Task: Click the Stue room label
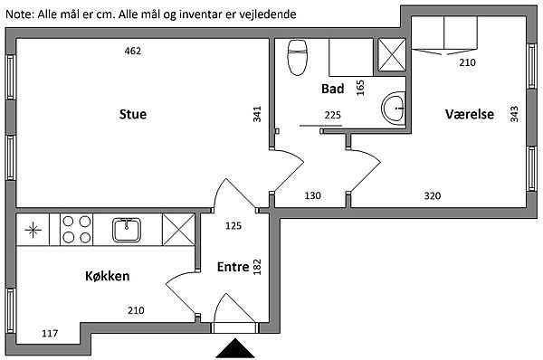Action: (133, 114)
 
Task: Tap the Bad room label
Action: (333, 89)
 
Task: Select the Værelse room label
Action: (470, 114)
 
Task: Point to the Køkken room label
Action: (108, 276)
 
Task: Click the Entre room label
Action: (233, 267)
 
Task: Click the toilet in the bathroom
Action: (298, 58)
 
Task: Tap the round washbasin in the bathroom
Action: (394, 108)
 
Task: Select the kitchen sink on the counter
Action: (127, 230)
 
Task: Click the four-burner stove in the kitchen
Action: (77, 230)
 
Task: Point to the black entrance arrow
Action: (235, 348)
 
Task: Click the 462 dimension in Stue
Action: (133, 51)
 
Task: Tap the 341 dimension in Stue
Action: (257, 114)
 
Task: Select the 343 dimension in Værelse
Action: (514, 114)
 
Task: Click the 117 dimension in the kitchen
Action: (50, 334)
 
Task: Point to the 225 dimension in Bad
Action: (332, 115)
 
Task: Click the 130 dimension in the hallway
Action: (312, 195)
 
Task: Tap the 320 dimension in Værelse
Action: (433, 196)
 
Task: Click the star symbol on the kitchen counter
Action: (33, 230)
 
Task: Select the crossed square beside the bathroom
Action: (392, 55)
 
